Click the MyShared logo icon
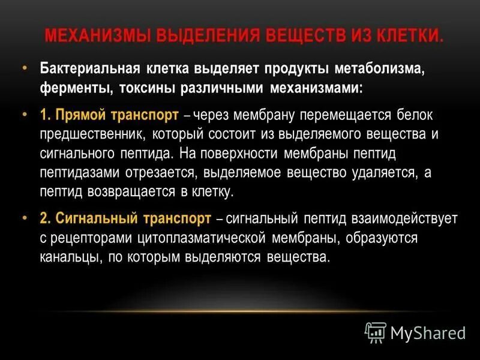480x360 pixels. (376, 332)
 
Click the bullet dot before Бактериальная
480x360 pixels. (25, 68)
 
